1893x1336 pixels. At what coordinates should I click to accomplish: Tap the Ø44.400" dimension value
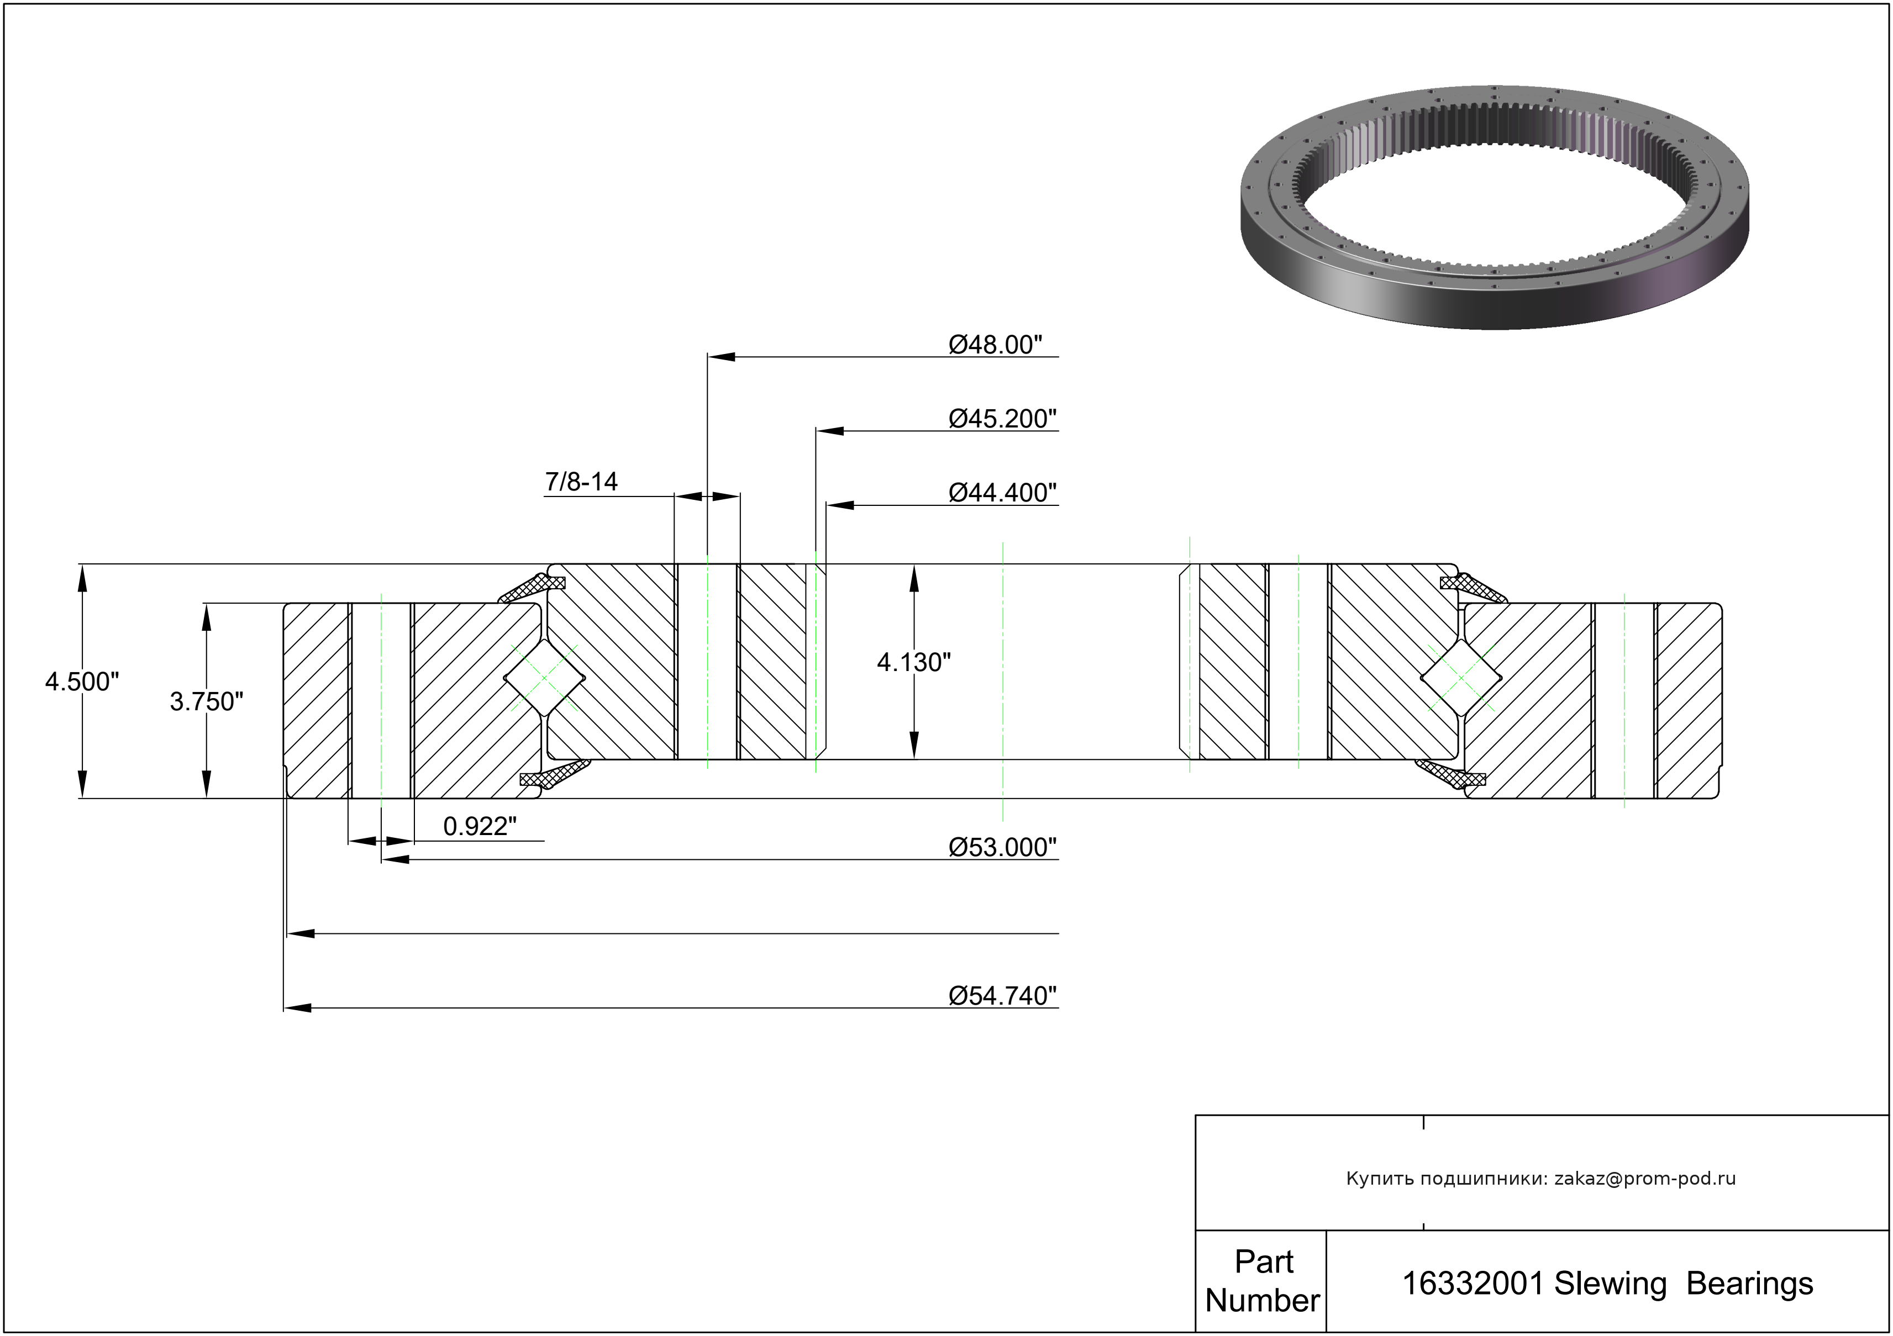(1002, 493)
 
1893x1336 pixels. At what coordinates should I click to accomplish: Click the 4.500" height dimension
(82, 682)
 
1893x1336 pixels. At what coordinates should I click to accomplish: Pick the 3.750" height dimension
(206, 701)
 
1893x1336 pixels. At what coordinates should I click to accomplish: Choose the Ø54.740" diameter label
(1002, 996)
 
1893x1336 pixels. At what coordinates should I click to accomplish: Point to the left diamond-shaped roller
(545, 678)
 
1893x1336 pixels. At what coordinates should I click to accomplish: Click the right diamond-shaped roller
(1461, 678)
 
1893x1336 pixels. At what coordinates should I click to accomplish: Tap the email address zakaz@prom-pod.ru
(1645, 1179)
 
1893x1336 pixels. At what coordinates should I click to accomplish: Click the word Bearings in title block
(1749, 1284)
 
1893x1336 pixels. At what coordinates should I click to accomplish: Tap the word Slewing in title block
(1610, 1284)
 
